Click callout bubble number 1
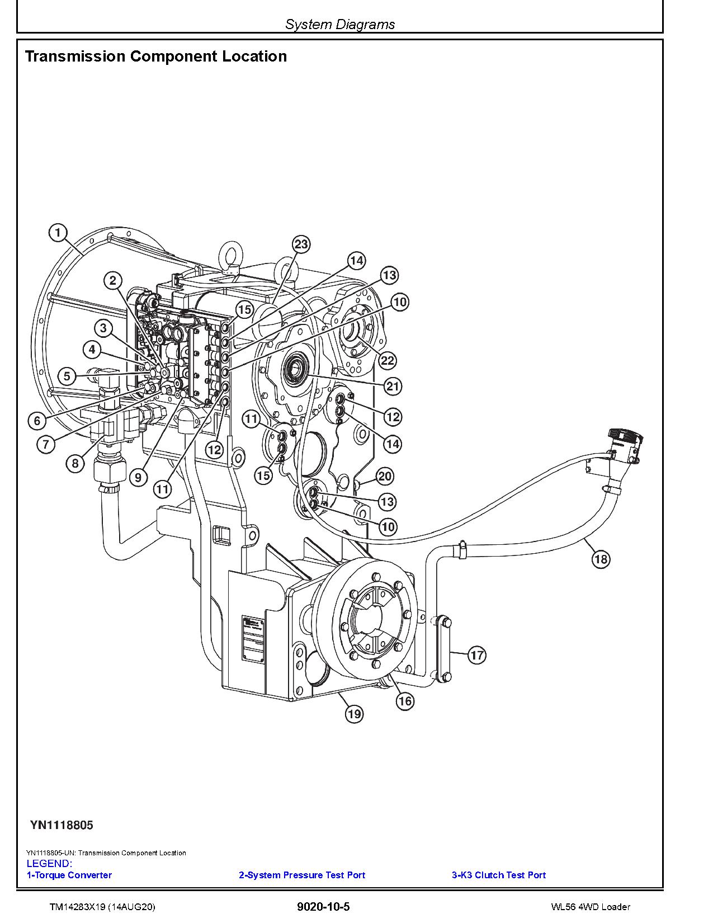(x=58, y=232)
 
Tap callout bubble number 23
(x=301, y=244)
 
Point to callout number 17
(x=476, y=654)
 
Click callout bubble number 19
(x=354, y=714)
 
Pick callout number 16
(x=405, y=701)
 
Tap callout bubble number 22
(x=387, y=360)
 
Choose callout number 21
(x=393, y=386)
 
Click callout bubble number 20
(x=385, y=477)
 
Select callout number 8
(x=75, y=463)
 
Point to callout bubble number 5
(x=67, y=376)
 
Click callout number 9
(x=138, y=477)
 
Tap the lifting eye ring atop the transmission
(x=230, y=253)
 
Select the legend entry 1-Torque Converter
(x=69, y=875)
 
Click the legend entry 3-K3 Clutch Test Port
(x=498, y=875)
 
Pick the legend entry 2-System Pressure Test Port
(x=302, y=875)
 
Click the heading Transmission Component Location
(x=156, y=56)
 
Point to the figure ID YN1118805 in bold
(x=62, y=825)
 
